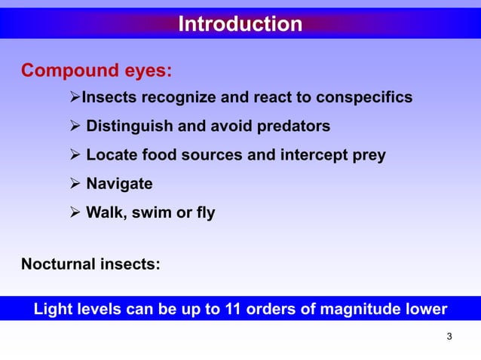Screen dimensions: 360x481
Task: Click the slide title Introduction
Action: click(240, 25)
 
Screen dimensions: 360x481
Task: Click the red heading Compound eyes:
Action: click(97, 72)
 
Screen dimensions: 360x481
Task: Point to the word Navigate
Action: click(119, 184)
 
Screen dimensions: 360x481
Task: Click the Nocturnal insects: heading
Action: click(90, 264)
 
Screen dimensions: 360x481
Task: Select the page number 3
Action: click(449, 336)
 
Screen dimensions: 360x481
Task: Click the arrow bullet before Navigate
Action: click(75, 184)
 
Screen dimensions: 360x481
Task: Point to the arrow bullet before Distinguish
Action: click(75, 127)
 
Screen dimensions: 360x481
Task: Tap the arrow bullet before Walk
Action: click(75, 213)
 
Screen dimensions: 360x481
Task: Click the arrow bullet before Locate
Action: click(75, 156)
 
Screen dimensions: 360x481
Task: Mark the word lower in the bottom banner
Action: click(426, 310)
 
